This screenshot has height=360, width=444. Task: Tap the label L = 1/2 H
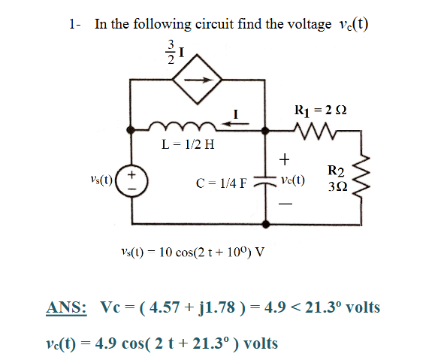(x=185, y=144)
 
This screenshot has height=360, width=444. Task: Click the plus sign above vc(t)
(x=284, y=159)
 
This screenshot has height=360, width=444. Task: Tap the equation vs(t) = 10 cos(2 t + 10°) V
(x=192, y=250)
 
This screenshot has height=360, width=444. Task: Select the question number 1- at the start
(x=75, y=24)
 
